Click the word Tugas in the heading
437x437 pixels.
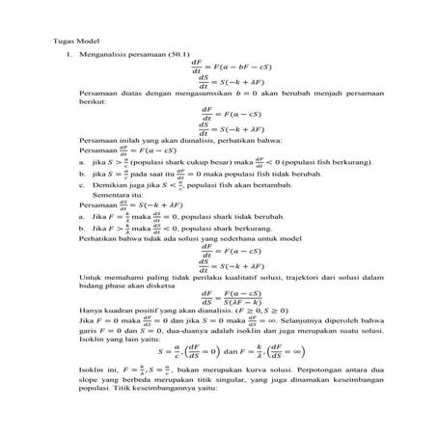coord(60,44)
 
